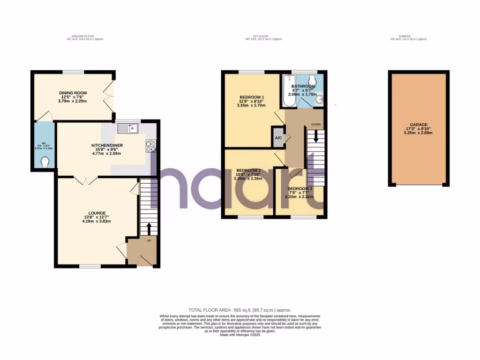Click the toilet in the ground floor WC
point(45,162)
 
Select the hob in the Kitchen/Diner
point(151,146)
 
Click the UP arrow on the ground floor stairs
point(149,229)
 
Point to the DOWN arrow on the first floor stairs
point(316,136)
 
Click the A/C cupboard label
point(278,138)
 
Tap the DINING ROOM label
point(73,93)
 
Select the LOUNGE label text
point(96,212)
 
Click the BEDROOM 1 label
point(251,97)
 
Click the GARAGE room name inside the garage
point(417,125)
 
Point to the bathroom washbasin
point(321,99)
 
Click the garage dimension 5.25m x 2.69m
point(417,133)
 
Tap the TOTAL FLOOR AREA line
point(240,310)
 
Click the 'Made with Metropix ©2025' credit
point(240,334)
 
